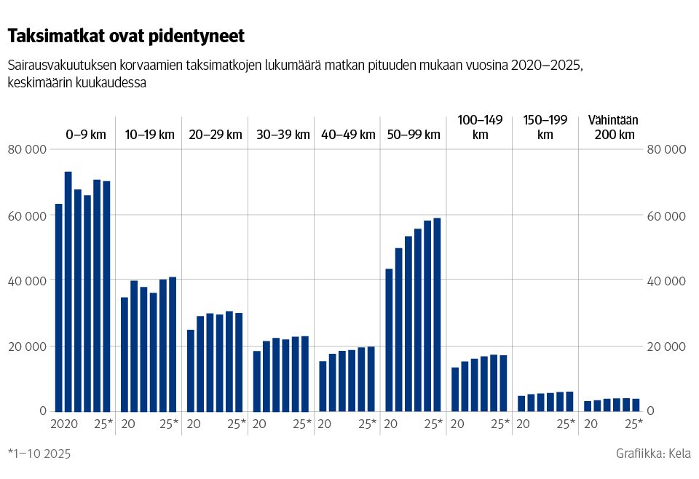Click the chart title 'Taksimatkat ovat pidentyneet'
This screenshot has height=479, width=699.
(x=125, y=36)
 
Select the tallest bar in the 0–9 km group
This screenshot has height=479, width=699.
(x=68, y=291)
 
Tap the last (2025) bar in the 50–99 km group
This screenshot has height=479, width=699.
(x=437, y=314)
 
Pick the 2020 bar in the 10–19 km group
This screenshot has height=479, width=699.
(x=125, y=354)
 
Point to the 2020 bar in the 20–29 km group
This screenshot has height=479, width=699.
(x=191, y=371)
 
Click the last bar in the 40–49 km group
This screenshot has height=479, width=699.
(x=371, y=379)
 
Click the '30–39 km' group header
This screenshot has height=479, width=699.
(x=283, y=135)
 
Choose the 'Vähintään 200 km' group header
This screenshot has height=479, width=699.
(x=612, y=127)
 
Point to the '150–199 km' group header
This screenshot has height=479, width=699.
(x=545, y=127)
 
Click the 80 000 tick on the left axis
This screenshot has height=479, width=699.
(x=27, y=150)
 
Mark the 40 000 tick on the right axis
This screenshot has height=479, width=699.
(x=667, y=281)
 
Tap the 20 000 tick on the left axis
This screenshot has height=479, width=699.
(x=27, y=347)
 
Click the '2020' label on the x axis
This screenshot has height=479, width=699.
(x=64, y=424)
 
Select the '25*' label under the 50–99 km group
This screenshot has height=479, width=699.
(x=434, y=424)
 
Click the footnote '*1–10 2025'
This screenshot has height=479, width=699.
(x=39, y=454)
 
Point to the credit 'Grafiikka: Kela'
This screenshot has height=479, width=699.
(x=653, y=454)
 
